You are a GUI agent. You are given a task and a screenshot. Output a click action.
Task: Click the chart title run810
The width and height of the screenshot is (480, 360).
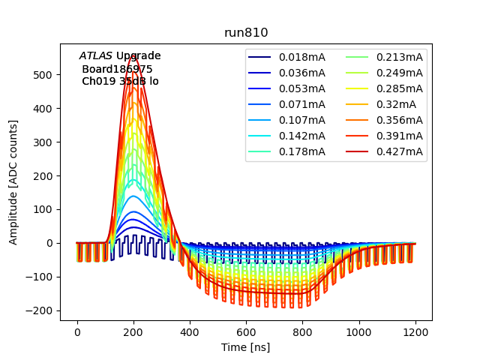[x=246, y=33]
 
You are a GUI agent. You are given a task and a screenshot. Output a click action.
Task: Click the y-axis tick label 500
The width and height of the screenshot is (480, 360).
[x=46, y=75]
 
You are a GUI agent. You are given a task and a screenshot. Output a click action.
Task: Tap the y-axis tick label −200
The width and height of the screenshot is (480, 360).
[x=43, y=310]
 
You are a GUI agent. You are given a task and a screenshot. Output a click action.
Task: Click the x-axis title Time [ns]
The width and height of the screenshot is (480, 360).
[x=246, y=347]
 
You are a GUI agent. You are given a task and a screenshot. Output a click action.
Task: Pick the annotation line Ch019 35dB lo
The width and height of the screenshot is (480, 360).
[x=120, y=81]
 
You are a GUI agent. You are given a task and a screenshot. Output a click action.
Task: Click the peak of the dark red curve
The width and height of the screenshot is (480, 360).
[x=133, y=75]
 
